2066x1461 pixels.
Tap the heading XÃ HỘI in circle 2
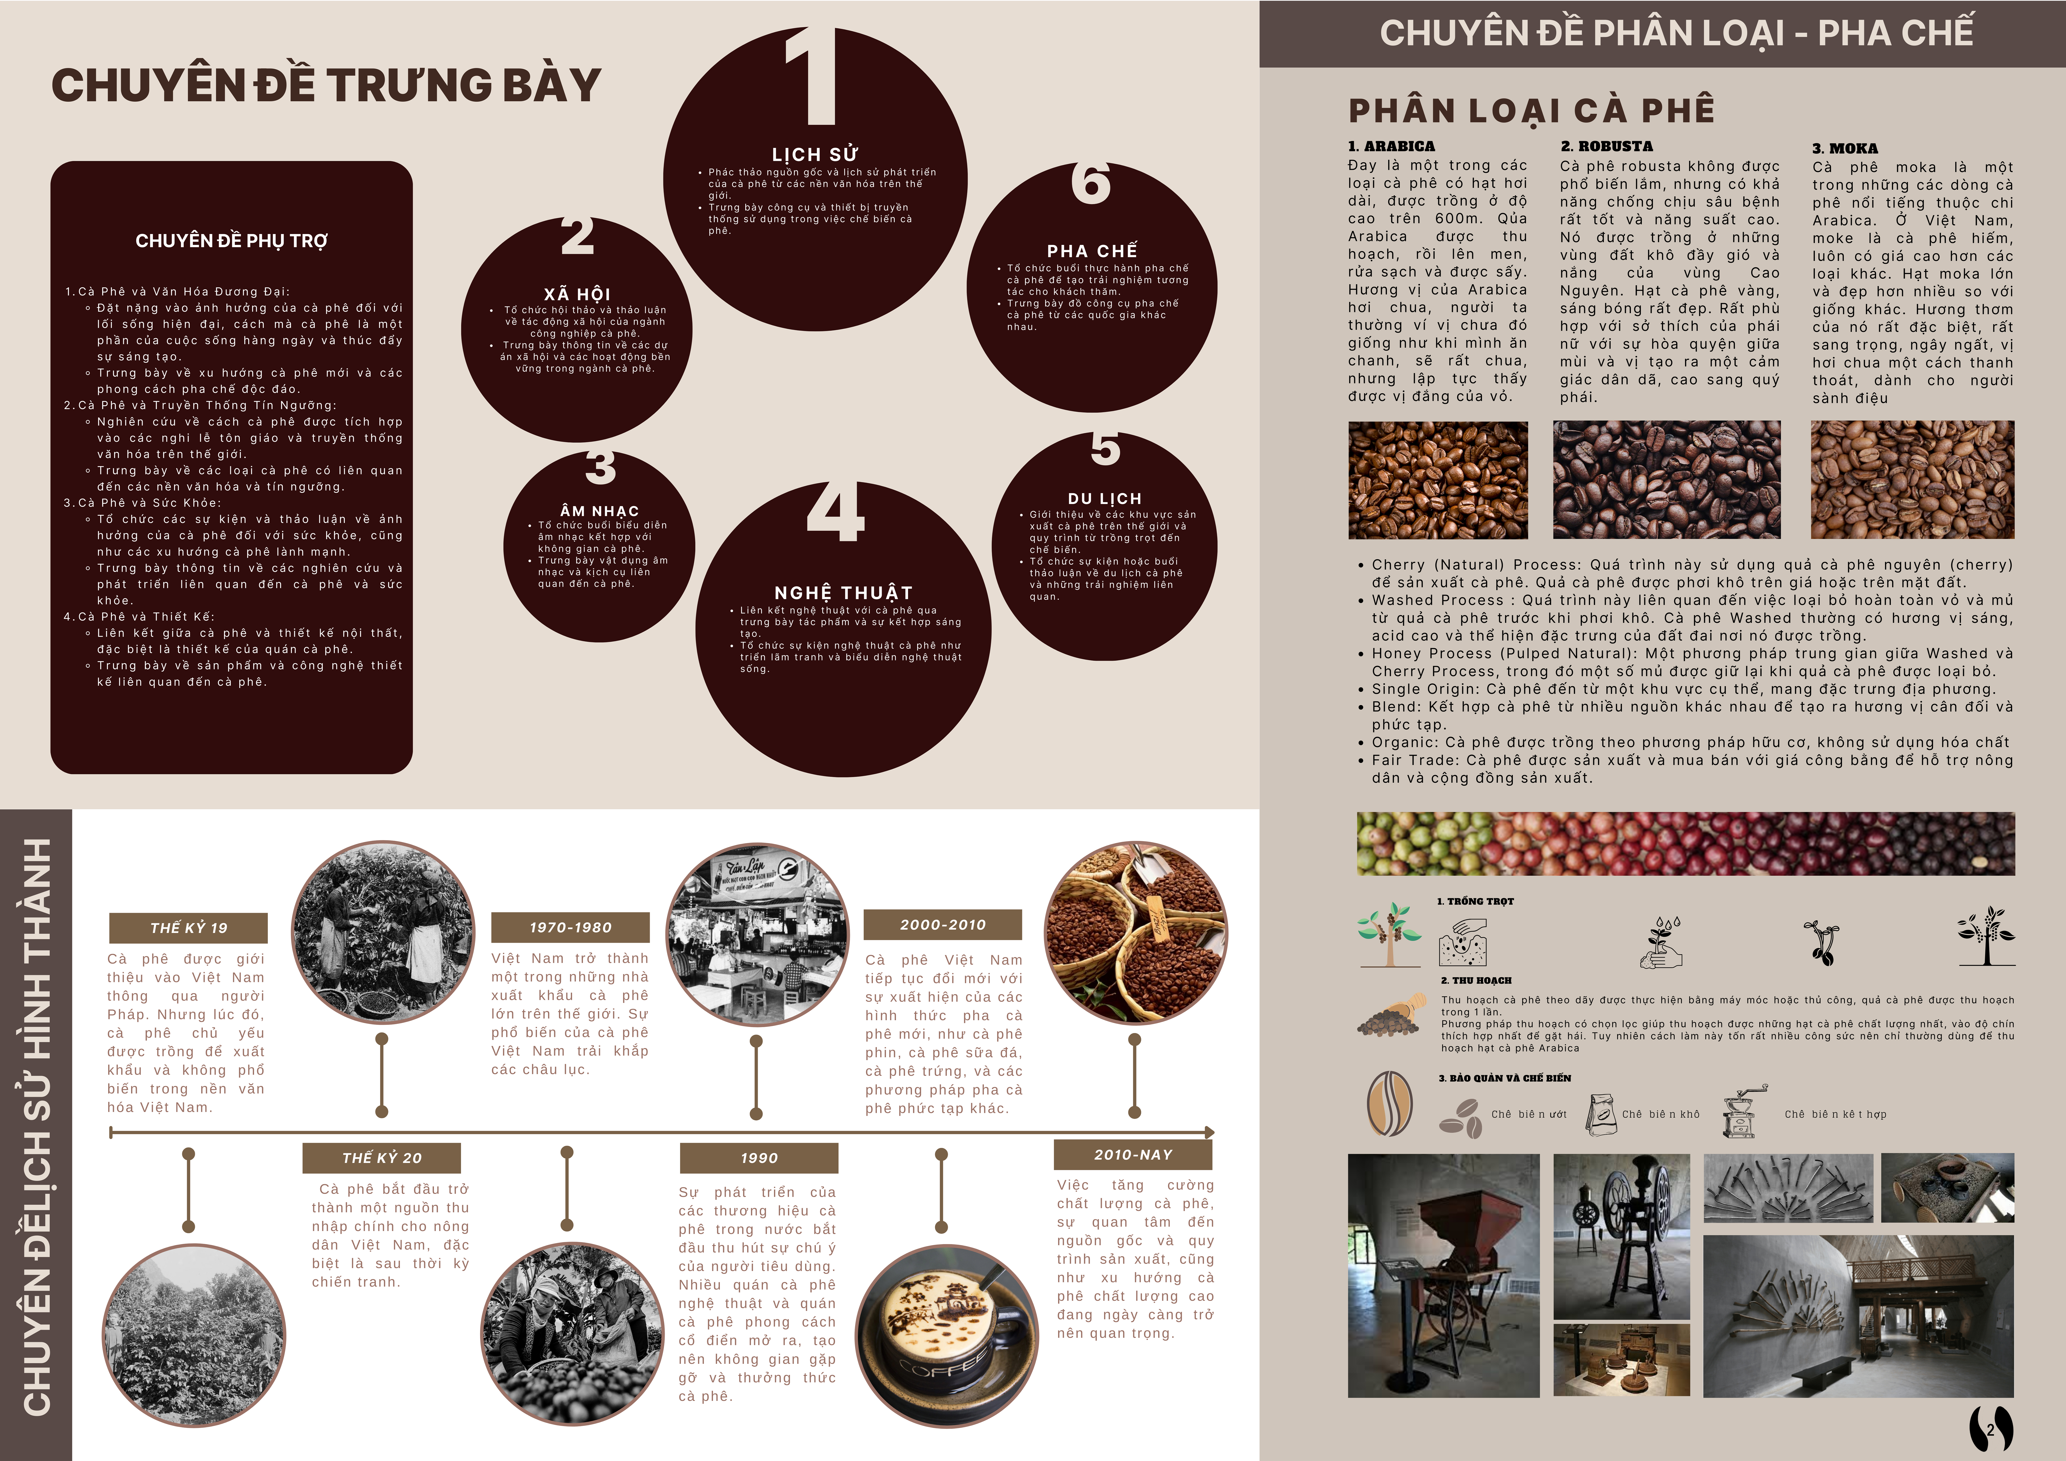[x=577, y=294]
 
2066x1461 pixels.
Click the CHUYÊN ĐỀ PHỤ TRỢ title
[x=231, y=241]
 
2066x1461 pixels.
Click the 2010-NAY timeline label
[x=1133, y=1154]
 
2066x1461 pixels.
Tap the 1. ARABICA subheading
[x=1391, y=146]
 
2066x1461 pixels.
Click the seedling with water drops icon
[x=1661, y=943]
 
